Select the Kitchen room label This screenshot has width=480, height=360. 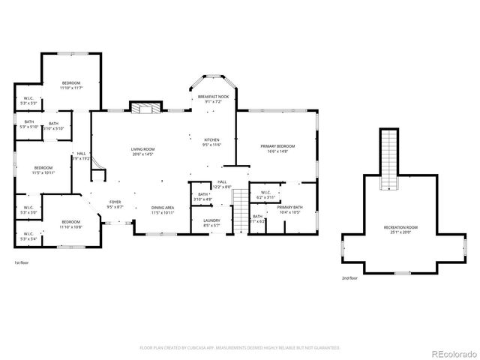tap(211, 142)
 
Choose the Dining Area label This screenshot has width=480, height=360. tap(163, 209)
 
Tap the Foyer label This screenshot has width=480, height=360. tap(115, 203)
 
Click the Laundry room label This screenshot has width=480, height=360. tap(211, 222)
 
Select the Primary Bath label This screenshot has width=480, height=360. tap(289, 209)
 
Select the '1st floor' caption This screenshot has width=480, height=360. tap(22, 263)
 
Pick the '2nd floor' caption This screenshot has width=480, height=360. tap(349, 277)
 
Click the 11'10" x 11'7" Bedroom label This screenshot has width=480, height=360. tap(71, 85)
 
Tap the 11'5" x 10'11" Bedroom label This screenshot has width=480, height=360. tap(43, 169)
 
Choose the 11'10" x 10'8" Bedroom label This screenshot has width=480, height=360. tap(71, 223)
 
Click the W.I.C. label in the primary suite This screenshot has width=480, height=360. tap(265, 194)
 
